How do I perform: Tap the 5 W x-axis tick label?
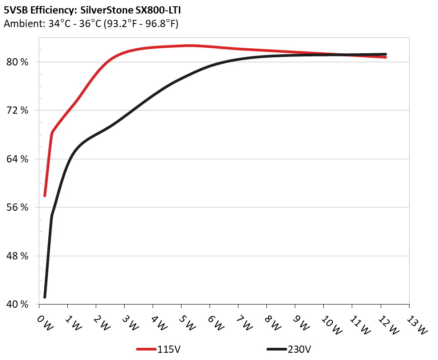pyautogui.click(x=186, y=322)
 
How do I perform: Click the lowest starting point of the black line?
pyautogui.click(x=45, y=297)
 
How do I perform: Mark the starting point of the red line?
pyautogui.click(x=45, y=196)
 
